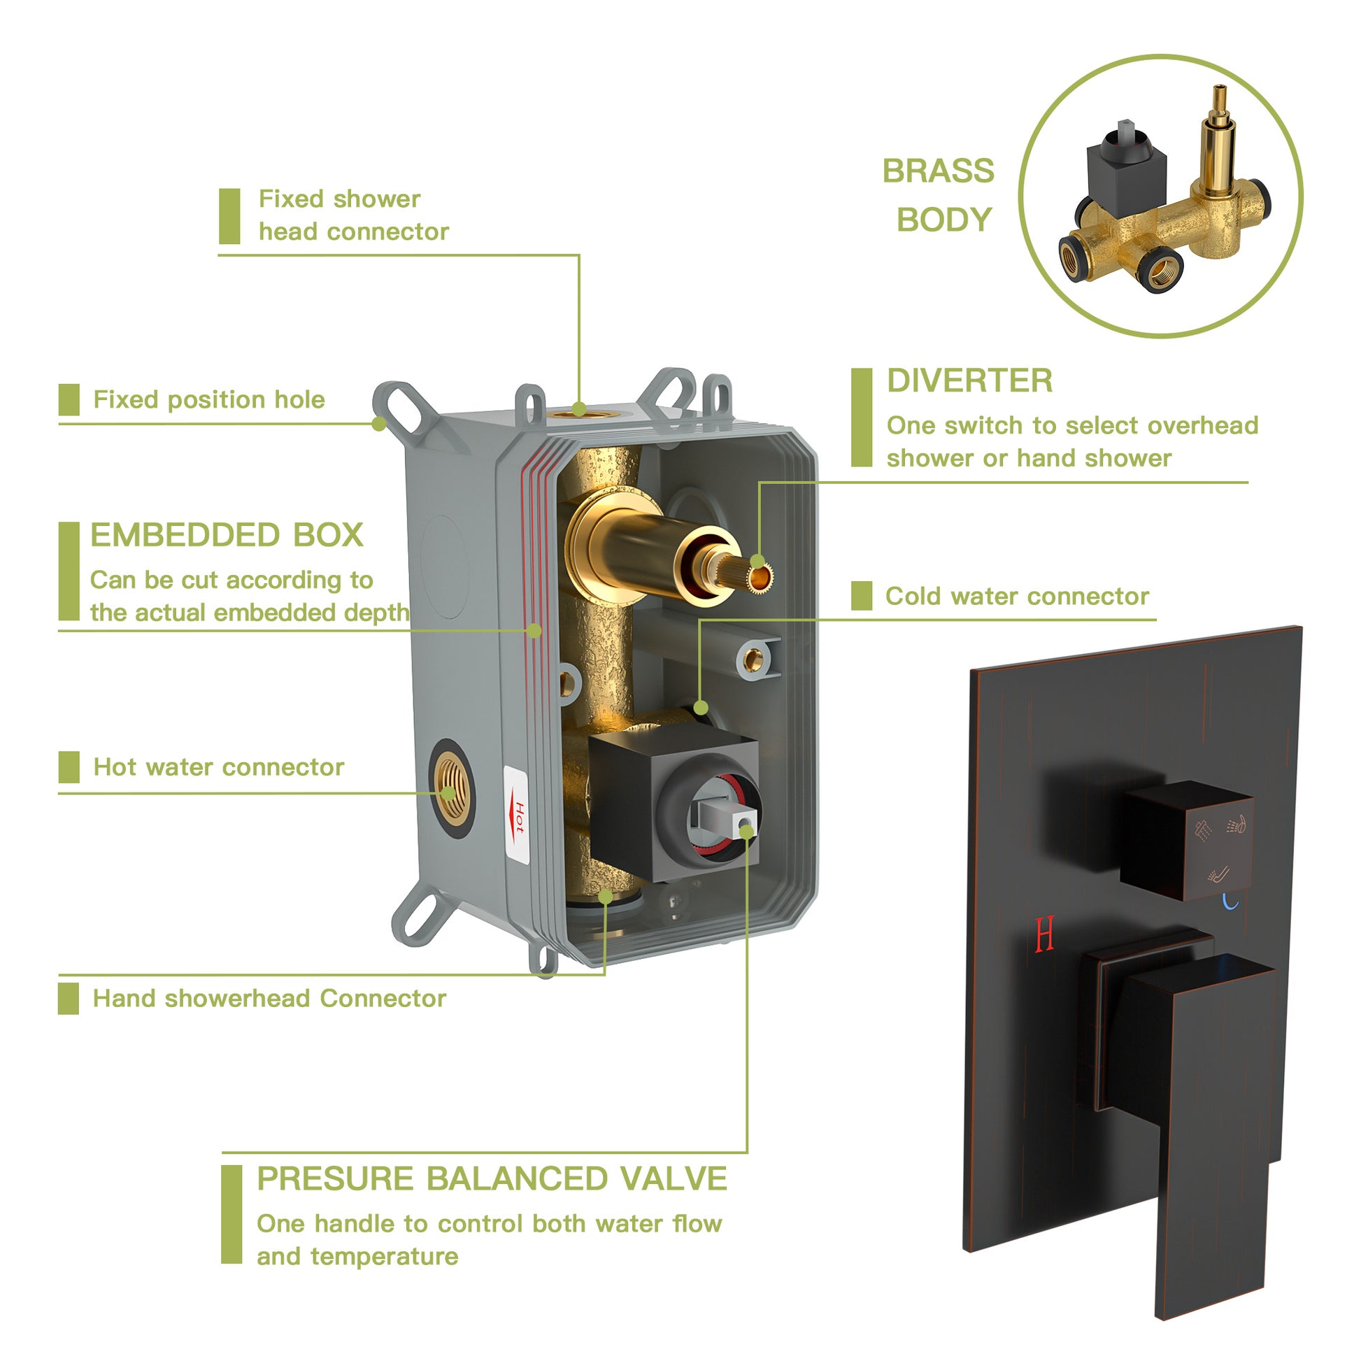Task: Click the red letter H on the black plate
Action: coord(1045,934)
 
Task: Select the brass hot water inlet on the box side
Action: coord(450,788)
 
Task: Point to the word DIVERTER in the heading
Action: coord(969,381)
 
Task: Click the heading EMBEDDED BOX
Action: coord(226,536)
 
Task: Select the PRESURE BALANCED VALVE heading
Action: coord(491,1179)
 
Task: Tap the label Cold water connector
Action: coord(1016,597)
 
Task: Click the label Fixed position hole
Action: coord(208,400)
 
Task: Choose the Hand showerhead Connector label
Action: coord(269,999)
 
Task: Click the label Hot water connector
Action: coord(218,767)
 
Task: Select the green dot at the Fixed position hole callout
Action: coord(379,424)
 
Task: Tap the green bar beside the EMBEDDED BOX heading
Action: coord(69,571)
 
